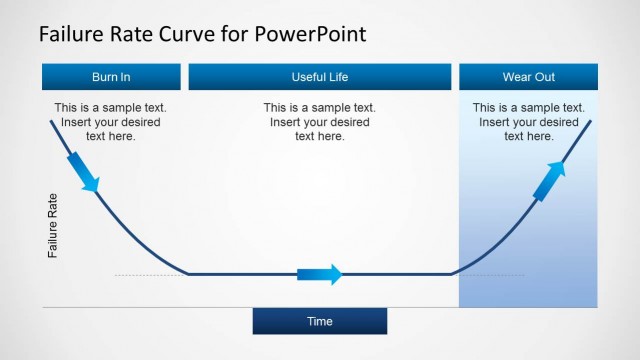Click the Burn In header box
click(111, 77)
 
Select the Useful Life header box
click(320, 77)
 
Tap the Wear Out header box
click(528, 77)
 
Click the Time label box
click(319, 321)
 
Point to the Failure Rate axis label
click(53, 226)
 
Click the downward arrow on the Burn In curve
click(84, 172)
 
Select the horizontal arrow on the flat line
click(320, 274)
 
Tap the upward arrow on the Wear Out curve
click(549, 180)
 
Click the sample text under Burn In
click(110, 122)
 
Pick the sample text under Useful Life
click(319, 122)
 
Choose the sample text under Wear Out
click(528, 122)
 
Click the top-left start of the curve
click(51, 121)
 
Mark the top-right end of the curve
click(590, 121)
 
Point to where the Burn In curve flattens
click(190, 273)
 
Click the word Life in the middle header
click(338, 77)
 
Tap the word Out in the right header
click(545, 77)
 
